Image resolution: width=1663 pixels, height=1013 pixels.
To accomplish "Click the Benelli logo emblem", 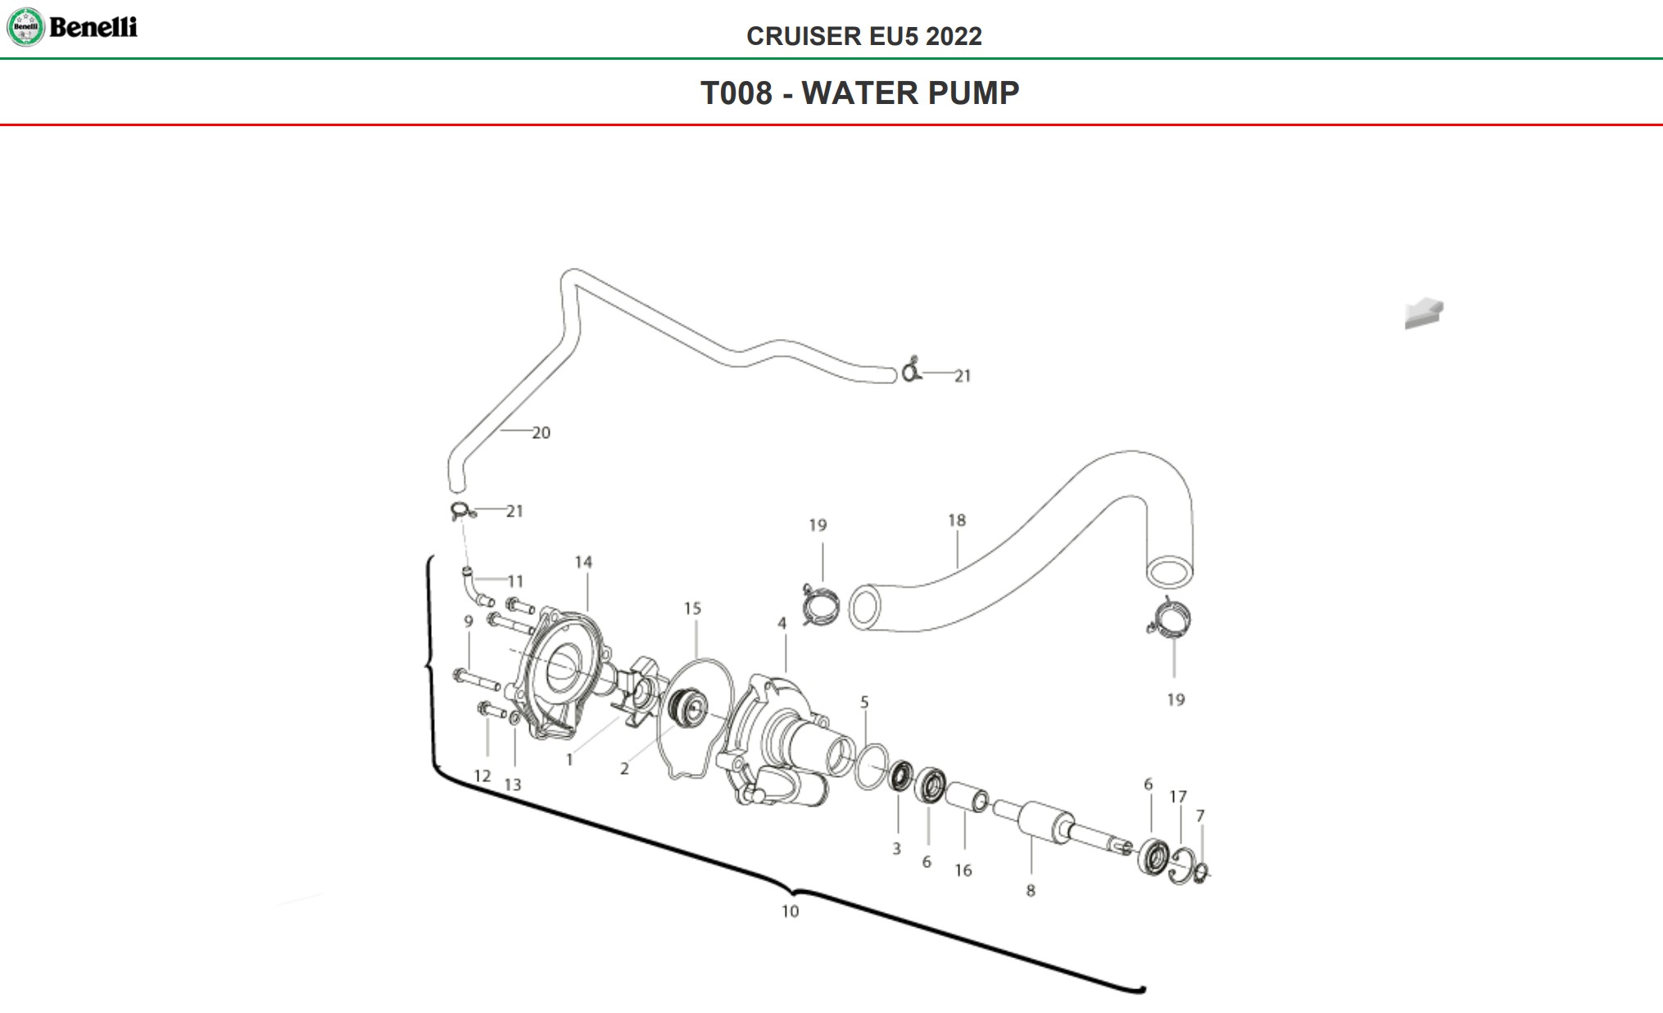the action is click(25, 27).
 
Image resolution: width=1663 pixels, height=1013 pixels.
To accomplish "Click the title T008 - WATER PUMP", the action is click(859, 93).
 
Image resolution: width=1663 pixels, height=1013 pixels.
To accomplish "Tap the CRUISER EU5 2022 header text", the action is click(863, 36).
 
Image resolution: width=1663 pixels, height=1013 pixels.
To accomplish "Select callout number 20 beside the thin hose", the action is click(541, 432).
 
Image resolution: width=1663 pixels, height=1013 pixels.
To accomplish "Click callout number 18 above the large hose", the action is click(957, 520).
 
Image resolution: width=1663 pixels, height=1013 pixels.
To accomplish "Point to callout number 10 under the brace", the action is click(790, 911).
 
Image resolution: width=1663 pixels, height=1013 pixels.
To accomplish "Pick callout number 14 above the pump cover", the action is click(583, 562).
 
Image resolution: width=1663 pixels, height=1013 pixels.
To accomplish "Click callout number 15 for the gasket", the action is click(692, 608).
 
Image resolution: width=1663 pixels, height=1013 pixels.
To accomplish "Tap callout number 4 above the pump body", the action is click(782, 623).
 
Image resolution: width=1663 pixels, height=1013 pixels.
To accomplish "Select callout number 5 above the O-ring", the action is click(864, 702).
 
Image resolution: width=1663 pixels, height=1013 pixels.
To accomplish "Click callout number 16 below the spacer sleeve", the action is click(963, 871).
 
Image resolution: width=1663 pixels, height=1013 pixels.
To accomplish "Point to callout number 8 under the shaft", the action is click(1031, 890).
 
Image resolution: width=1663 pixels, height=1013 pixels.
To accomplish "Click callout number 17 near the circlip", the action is click(1178, 797).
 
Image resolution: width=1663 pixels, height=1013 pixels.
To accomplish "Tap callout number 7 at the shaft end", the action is click(1200, 816).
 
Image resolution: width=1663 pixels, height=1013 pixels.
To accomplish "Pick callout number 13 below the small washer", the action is click(512, 785).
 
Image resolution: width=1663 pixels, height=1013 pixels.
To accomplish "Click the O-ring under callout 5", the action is click(871, 767).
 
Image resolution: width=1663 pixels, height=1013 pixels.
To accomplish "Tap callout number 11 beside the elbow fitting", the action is click(515, 581).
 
